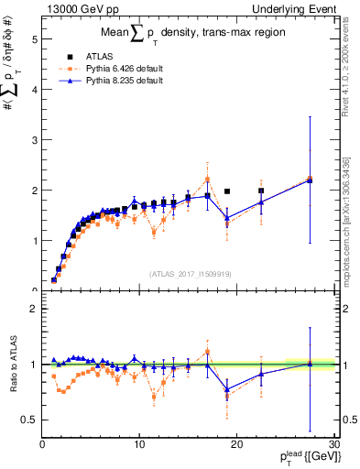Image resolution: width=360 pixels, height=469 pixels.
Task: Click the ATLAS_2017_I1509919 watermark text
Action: (189, 272)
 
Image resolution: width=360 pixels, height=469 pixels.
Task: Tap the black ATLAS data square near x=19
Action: (227, 191)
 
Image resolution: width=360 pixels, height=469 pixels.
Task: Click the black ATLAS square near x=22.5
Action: (261, 191)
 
